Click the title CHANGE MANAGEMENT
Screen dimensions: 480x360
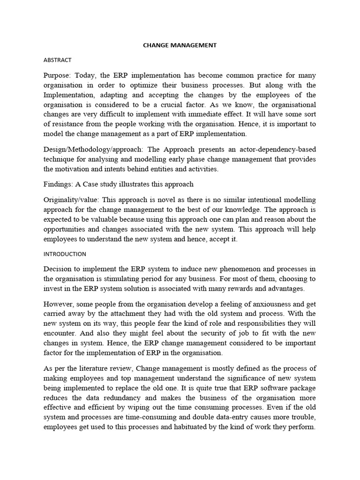[180, 45]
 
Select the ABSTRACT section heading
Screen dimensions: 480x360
[58, 60]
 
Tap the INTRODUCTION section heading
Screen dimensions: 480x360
[65, 254]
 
